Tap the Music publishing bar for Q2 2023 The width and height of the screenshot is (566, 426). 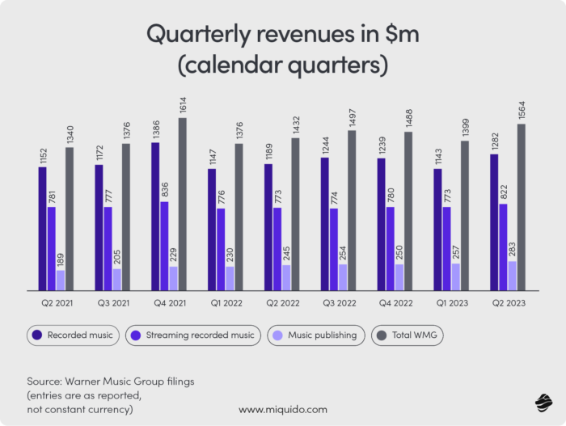(512, 276)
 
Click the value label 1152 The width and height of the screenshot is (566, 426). (42, 154)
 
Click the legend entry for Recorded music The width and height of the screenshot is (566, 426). (73, 335)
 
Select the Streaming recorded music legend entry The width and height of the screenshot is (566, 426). (192, 335)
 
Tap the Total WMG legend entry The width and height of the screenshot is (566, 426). (407, 335)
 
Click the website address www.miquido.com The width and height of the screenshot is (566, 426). (282, 410)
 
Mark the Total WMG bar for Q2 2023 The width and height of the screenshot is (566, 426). (522, 207)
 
